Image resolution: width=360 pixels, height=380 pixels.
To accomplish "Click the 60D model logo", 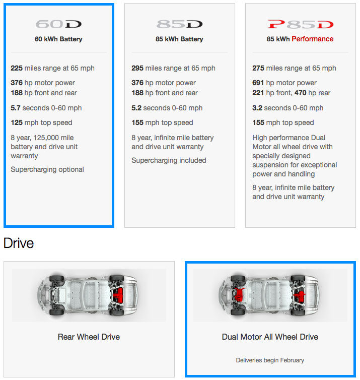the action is pyautogui.click(x=58, y=24).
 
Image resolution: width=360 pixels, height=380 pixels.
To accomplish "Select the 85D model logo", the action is pyautogui.click(x=179, y=24).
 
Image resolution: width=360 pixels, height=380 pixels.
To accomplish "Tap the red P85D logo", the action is pyautogui.click(x=301, y=24).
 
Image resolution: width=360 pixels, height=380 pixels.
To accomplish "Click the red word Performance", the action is pyautogui.click(x=312, y=39).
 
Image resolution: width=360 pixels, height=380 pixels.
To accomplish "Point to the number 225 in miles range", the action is pyautogui.click(x=17, y=68).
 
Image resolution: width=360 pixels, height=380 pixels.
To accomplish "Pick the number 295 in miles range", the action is pyautogui.click(x=137, y=68).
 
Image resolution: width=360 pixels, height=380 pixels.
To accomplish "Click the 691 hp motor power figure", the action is pyautogui.click(x=258, y=83).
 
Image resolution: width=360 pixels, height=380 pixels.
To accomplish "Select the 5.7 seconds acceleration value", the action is pyautogui.click(x=16, y=108).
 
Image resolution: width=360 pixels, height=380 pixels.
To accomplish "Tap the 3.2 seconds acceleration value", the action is pyautogui.click(x=257, y=108).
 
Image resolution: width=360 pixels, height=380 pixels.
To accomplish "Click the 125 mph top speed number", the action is pyautogui.click(x=17, y=122).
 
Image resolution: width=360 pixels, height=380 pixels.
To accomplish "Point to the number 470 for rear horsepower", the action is pyautogui.click(x=301, y=93).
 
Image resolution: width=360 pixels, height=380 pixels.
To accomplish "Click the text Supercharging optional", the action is pyautogui.click(x=47, y=169).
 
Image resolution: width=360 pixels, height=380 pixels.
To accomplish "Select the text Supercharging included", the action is pyautogui.click(x=169, y=160).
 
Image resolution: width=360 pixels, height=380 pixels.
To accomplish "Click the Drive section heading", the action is pyautogui.click(x=19, y=243).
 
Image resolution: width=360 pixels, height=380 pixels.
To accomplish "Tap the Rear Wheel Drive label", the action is pyautogui.click(x=89, y=337).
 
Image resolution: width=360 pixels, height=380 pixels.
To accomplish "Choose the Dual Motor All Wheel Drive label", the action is pyautogui.click(x=270, y=337).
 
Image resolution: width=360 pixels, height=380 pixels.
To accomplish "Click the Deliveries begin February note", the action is pyautogui.click(x=270, y=360).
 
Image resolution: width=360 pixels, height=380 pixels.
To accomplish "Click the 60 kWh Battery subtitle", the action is pyautogui.click(x=58, y=39).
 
